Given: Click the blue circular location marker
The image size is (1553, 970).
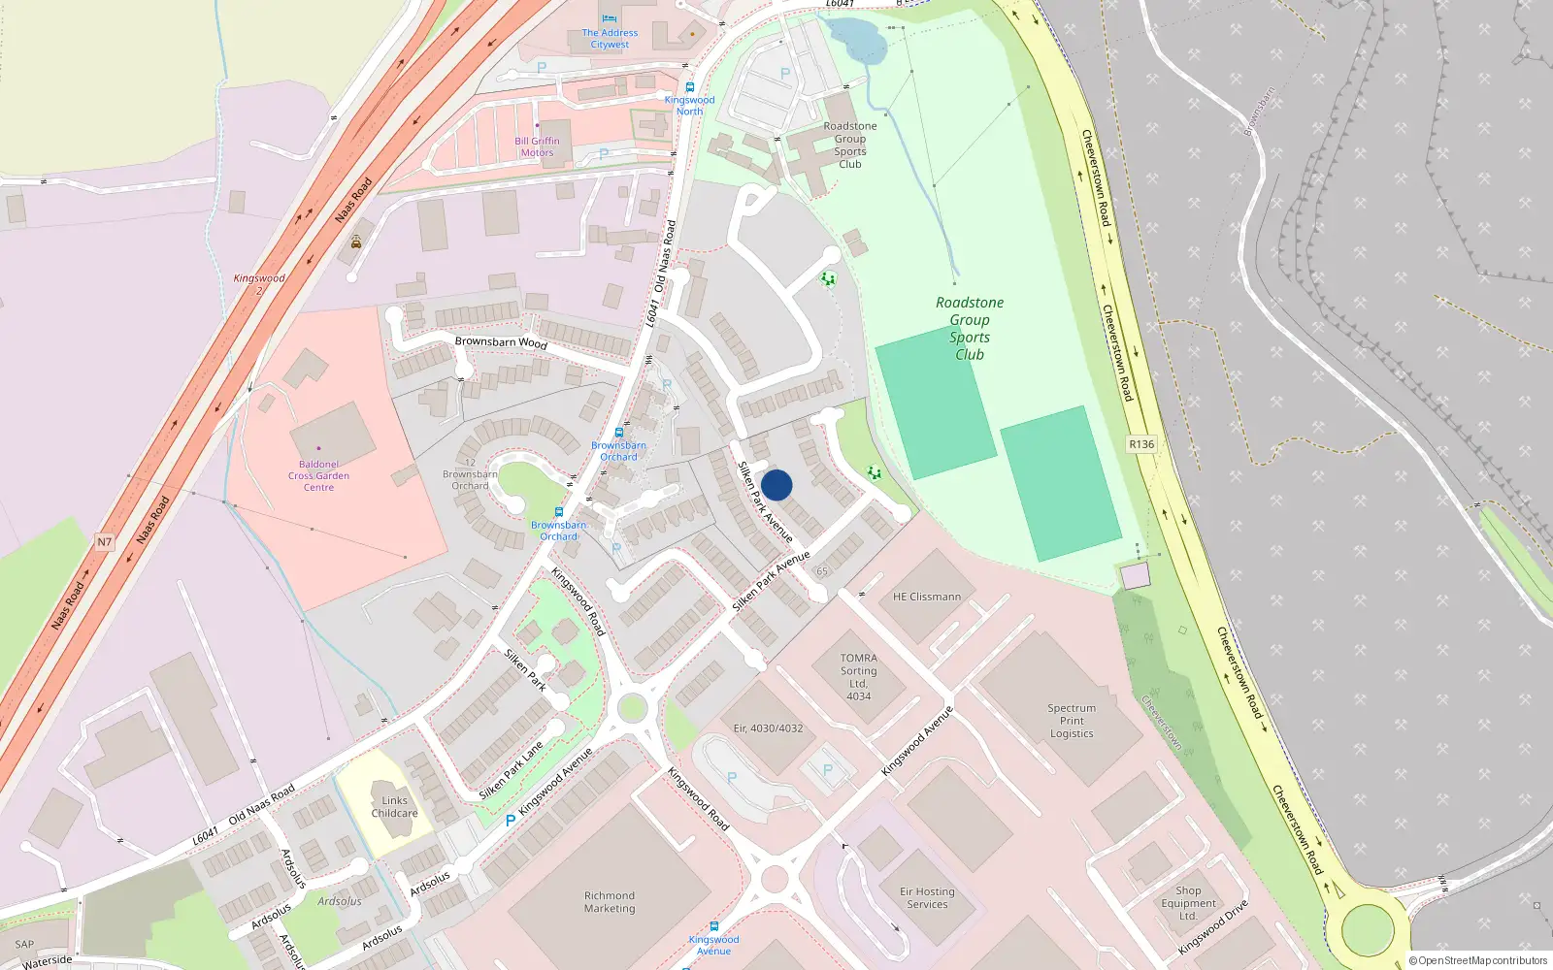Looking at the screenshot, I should (x=776, y=485).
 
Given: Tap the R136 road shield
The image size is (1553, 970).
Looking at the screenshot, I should (x=1141, y=444).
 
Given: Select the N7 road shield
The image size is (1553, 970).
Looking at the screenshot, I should (x=104, y=542).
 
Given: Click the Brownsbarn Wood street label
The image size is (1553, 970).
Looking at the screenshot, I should (x=501, y=342).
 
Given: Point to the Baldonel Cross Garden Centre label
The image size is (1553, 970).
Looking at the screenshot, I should (x=318, y=476).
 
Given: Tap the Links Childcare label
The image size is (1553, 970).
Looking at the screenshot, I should (x=394, y=807).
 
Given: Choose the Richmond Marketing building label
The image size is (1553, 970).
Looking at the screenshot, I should (x=610, y=902).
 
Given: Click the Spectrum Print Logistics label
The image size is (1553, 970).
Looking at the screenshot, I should (x=1072, y=721).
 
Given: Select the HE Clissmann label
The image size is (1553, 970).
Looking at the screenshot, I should (x=927, y=597).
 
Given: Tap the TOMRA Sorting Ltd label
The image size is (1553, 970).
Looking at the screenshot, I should (x=858, y=677).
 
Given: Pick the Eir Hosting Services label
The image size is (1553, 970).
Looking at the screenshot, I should (x=927, y=898).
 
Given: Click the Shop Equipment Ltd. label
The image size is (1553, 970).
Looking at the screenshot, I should (x=1188, y=903).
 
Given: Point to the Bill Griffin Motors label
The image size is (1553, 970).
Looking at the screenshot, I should (x=537, y=146).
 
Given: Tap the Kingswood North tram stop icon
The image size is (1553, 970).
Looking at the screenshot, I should (x=690, y=87).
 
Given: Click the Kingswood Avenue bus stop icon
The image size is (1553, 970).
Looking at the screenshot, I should (x=714, y=926).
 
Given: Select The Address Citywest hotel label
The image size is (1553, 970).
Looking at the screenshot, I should (x=610, y=39).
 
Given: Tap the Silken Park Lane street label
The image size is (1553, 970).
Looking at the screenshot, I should (x=512, y=771).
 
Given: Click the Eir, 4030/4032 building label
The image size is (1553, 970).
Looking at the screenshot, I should (x=768, y=728).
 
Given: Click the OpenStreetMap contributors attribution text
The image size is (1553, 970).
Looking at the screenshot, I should (x=1478, y=960).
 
